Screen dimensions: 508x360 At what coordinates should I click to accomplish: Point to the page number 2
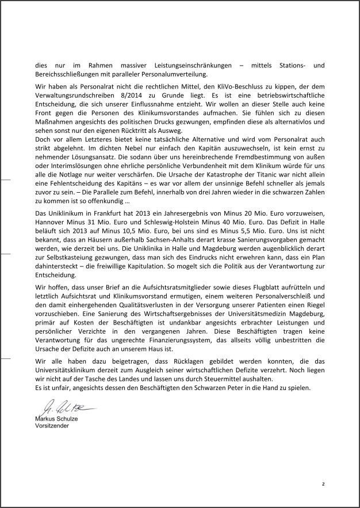323,483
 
